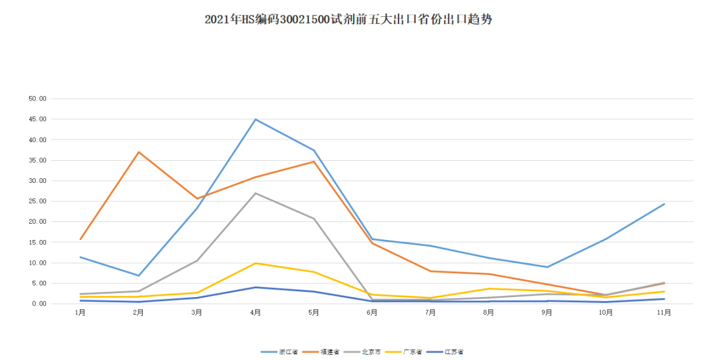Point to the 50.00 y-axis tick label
pyautogui.click(x=38, y=99)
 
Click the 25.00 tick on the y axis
pyautogui.click(x=38, y=201)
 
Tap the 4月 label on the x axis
pyautogui.click(x=255, y=313)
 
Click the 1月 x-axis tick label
pyautogui.click(x=80, y=313)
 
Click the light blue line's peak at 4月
pyautogui.click(x=256, y=119)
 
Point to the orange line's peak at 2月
pyautogui.click(x=139, y=152)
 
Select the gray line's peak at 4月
pyautogui.click(x=256, y=193)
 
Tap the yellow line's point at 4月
pyautogui.click(x=256, y=263)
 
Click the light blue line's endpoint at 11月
pyautogui.click(x=664, y=204)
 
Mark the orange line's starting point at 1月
pyautogui.click(x=80, y=239)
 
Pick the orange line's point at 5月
pyautogui.click(x=314, y=162)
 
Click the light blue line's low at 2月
pyautogui.click(x=139, y=276)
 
